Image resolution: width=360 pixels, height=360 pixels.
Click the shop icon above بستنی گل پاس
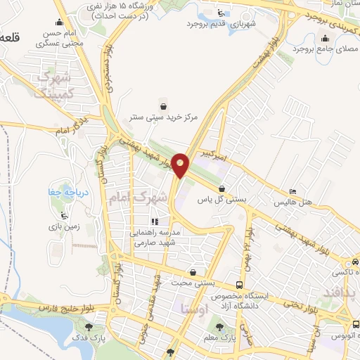tap(222, 188)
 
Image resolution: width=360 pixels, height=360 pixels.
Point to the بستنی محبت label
tap(194, 283)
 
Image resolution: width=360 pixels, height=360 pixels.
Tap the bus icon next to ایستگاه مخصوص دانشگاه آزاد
tap(240, 285)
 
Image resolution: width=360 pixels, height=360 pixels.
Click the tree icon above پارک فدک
tap(88, 326)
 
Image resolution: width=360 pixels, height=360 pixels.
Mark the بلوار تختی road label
tap(295, 304)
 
